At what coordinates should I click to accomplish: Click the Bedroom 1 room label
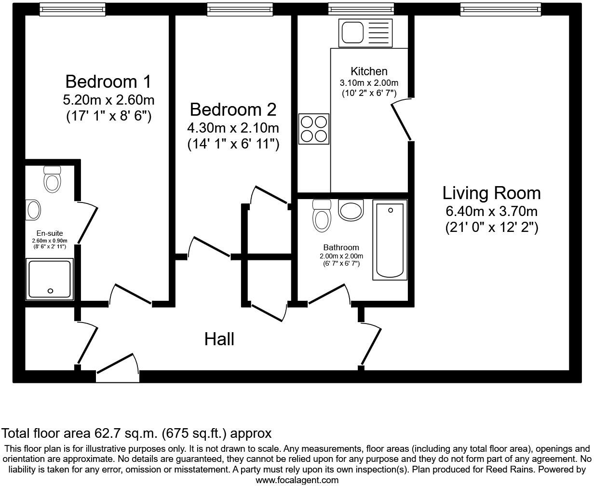[x=108, y=81]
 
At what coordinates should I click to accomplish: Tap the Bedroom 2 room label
[x=233, y=109]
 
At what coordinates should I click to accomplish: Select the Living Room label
[x=491, y=193]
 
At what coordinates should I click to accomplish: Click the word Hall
[x=219, y=339]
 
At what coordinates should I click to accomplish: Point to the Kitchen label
[x=369, y=71]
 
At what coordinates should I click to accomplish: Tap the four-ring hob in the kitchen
[x=314, y=129]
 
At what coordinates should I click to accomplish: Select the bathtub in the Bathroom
[x=390, y=240]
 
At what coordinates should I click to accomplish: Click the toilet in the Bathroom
[x=322, y=216]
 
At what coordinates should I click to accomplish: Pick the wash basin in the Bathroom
[x=351, y=210]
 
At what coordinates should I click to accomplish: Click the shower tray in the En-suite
[x=51, y=279]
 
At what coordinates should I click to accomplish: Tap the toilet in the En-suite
[x=52, y=179]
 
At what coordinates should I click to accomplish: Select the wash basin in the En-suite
[x=33, y=210]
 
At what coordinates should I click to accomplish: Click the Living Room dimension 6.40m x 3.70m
[x=491, y=211]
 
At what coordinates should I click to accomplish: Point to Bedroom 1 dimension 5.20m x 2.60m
[x=108, y=100]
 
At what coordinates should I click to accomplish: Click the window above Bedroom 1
[x=72, y=8]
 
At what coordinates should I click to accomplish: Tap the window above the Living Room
[x=500, y=8]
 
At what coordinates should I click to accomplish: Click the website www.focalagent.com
[x=297, y=480]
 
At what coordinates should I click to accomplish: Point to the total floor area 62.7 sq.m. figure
[x=136, y=433]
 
